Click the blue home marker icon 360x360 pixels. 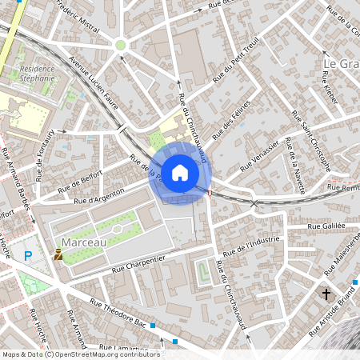point(180,173)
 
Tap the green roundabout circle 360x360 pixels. point(121,45)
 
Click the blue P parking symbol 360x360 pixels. point(28,256)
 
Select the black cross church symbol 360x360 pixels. point(326,294)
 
